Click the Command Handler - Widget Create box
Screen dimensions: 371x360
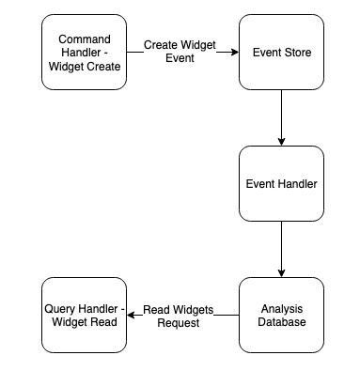(84, 53)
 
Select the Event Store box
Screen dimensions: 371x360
(281, 53)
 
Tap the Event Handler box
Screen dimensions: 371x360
(281, 183)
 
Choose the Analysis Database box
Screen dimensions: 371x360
(281, 315)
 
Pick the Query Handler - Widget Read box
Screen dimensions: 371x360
(84, 315)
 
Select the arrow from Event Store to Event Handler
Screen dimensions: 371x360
(281, 117)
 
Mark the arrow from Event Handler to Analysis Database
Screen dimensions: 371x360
(281, 249)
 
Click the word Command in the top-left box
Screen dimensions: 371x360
(84, 39)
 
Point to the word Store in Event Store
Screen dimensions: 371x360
(297, 53)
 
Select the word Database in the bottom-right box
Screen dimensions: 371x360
(281, 322)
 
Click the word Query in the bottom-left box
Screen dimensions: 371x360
(62, 308)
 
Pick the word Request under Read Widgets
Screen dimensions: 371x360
(179, 322)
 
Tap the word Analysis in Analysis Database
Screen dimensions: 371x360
(281, 308)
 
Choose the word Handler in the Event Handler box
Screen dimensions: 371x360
(297, 183)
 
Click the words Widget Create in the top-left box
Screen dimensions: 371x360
(84, 66)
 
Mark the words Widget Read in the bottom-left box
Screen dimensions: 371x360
(84, 322)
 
